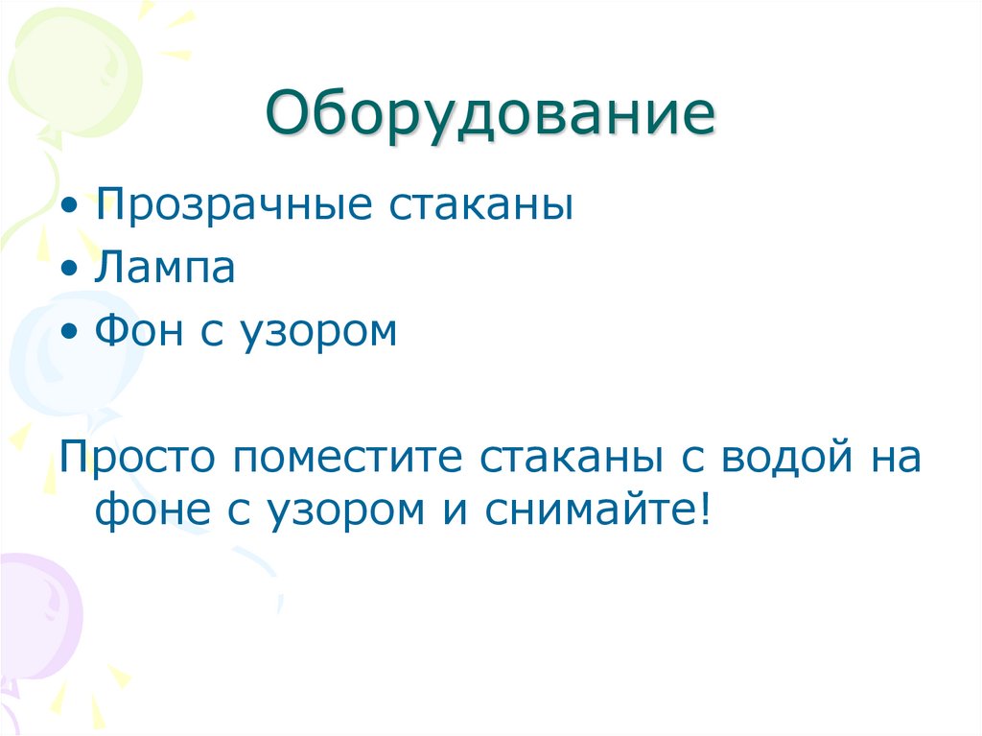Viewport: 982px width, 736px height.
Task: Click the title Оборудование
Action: point(490,116)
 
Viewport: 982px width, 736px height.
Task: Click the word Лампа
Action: point(165,269)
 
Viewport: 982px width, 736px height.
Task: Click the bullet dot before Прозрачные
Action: point(75,208)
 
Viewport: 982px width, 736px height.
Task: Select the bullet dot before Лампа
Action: point(75,271)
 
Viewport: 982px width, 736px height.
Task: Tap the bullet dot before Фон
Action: point(75,333)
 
